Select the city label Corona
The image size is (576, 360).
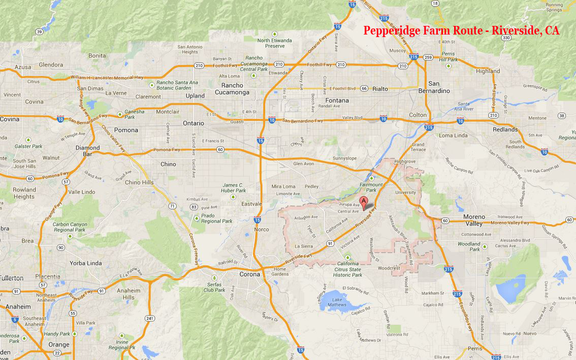pos(249,274)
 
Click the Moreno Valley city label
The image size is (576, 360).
pos(474,220)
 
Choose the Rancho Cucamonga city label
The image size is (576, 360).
pos(232,89)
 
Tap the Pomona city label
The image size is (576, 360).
pos(126,130)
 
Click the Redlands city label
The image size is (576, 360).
pos(505,129)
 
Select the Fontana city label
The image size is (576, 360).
pos(337,101)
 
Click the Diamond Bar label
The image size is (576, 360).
pos(87,151)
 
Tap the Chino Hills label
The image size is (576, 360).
pos(139,182)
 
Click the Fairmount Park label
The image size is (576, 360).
pos(371,187)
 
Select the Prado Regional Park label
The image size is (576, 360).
pos(217,218)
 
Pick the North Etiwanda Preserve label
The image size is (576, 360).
pos(275,43)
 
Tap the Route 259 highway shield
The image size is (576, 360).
pos(428,57)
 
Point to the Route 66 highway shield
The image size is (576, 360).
pos(364,88)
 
